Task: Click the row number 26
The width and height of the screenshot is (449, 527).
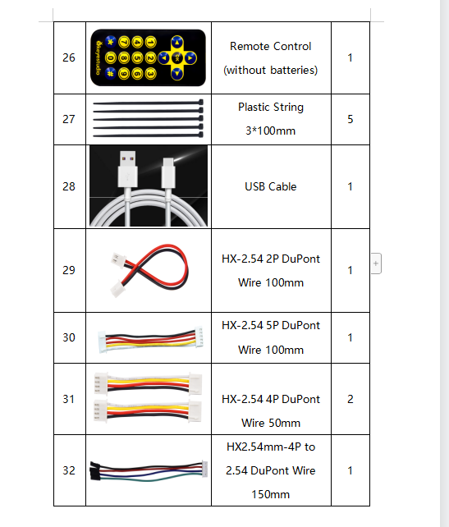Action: (69, 57)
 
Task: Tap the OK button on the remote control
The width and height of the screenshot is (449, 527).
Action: (177, 57)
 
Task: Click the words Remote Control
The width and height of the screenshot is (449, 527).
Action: (271, 46)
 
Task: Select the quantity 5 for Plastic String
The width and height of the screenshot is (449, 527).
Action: (350, 119)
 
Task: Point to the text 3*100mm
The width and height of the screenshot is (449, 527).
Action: (271, 131)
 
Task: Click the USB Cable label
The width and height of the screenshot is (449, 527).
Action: (271, 186)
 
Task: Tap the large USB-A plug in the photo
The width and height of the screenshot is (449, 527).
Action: (128, 169)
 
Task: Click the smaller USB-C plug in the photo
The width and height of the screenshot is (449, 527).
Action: (168, 172)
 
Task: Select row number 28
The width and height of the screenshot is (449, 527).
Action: (69, 186)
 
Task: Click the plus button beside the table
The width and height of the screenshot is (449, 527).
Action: (376, 263)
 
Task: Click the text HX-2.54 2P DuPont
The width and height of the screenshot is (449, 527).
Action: (271, 259)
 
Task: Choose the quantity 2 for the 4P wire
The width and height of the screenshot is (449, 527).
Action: (350, 399)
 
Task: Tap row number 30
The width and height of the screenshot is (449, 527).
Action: (69, 337)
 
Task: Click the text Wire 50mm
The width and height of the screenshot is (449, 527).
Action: (271, 423)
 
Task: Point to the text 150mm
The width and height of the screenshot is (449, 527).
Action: (271, 494)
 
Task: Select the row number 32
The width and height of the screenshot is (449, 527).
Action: (69, 470)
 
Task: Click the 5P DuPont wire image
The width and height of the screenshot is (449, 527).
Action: (150, 340)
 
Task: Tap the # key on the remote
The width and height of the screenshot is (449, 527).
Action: (110, 73)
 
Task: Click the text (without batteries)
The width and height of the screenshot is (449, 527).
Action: (271, 70)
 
